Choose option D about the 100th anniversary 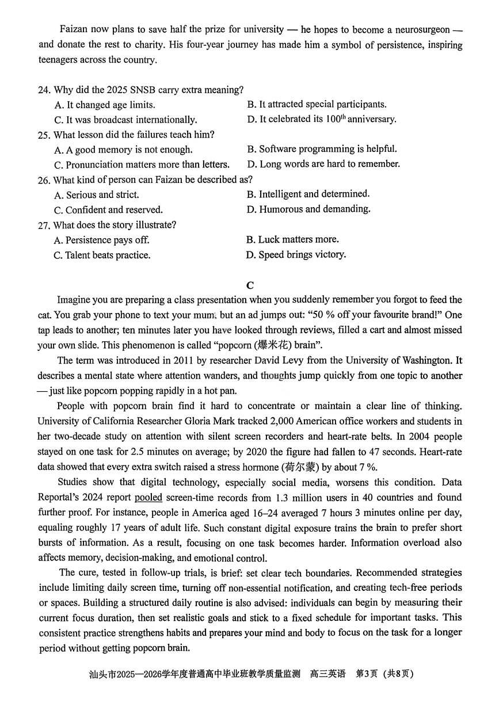(322, 119)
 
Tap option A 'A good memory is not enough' (123, 150)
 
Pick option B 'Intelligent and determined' (308, 194)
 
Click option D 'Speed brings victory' (296, 254)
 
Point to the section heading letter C (249, 285)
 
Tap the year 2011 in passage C (174, 360)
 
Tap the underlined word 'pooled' (148, 497)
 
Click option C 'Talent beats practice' (102, 255)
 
